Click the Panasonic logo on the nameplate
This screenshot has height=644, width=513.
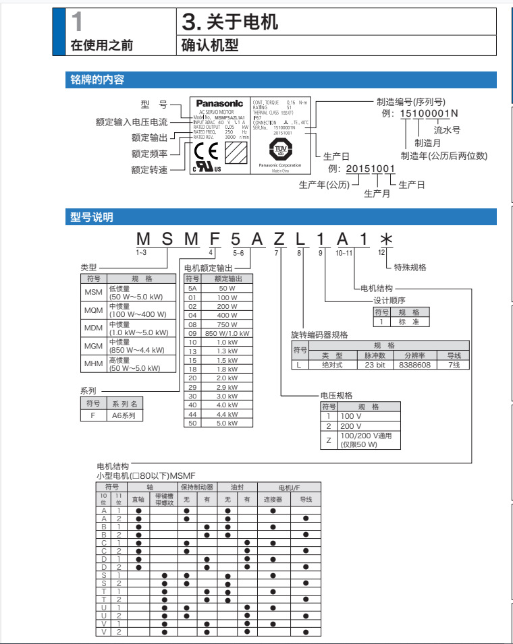219,104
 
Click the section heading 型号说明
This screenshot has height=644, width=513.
92,217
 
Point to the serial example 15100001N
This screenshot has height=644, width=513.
429,113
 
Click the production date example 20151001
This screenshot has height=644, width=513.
371,169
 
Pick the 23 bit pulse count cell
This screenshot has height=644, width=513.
374,365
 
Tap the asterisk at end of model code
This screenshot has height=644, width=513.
385,239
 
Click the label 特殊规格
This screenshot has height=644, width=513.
410,267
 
